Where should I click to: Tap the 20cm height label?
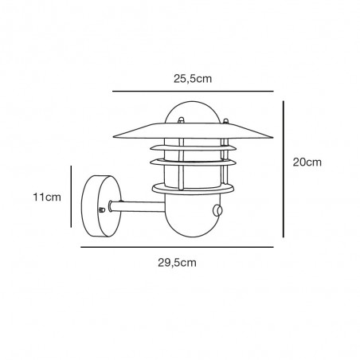point(306,162)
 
